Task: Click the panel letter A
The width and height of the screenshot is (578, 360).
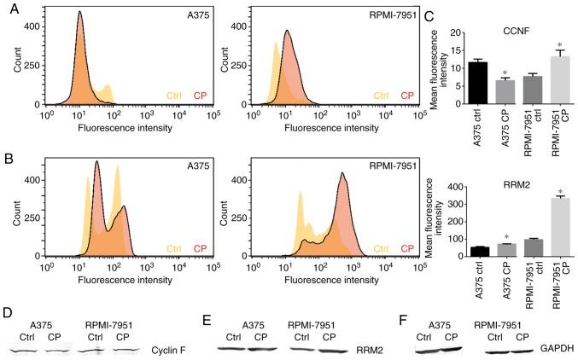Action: pos(8,7)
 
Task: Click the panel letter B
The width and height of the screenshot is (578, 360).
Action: pos(8,157)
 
